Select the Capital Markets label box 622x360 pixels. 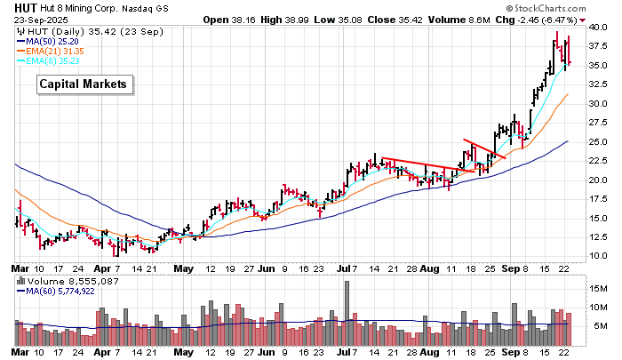point(85,84)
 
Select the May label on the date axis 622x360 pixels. point(183,267)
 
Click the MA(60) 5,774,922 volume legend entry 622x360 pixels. point(67,291)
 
